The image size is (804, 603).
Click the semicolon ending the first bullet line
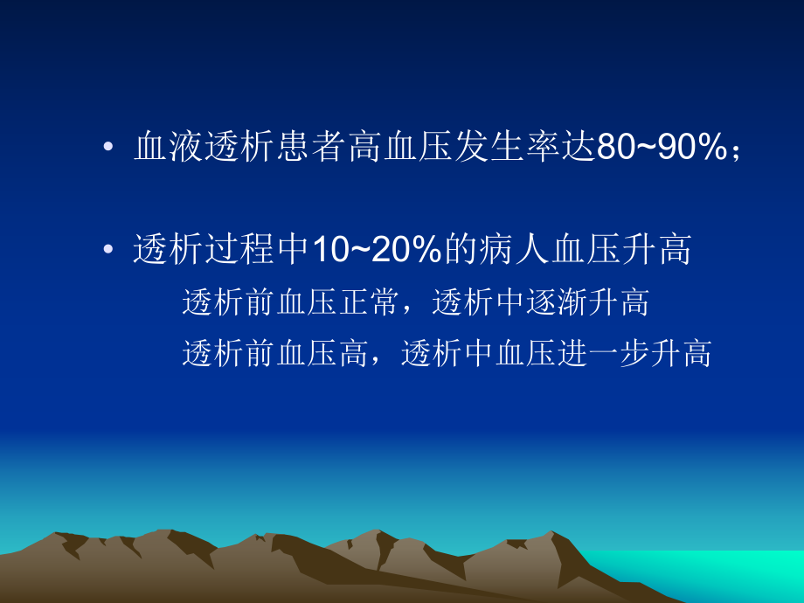(736, 151)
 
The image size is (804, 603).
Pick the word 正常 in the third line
(357, 302)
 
